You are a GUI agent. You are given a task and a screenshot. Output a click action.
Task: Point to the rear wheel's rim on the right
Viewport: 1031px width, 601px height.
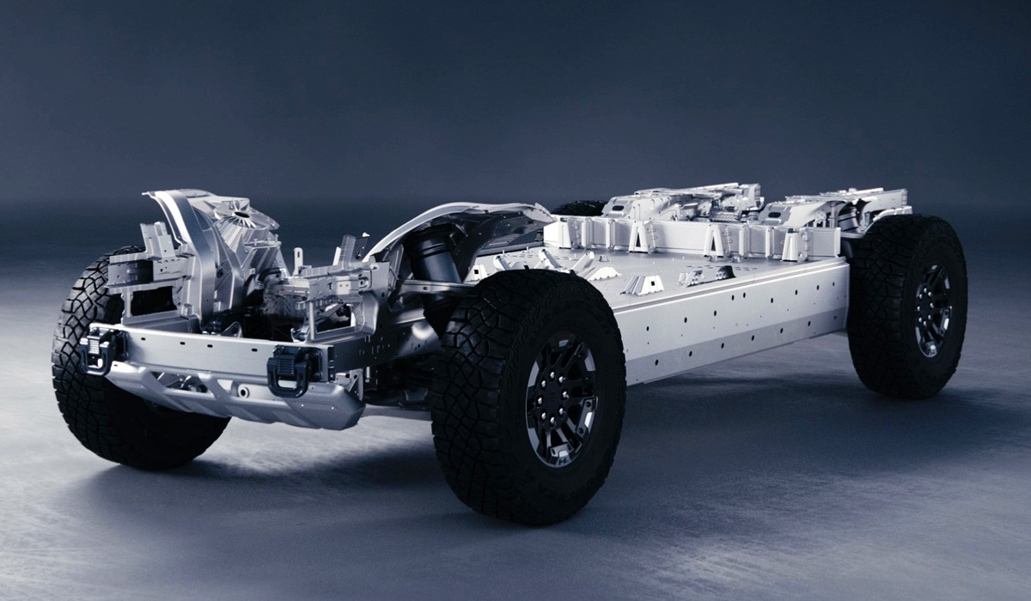pyautogui.click(x=931, y=310)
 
